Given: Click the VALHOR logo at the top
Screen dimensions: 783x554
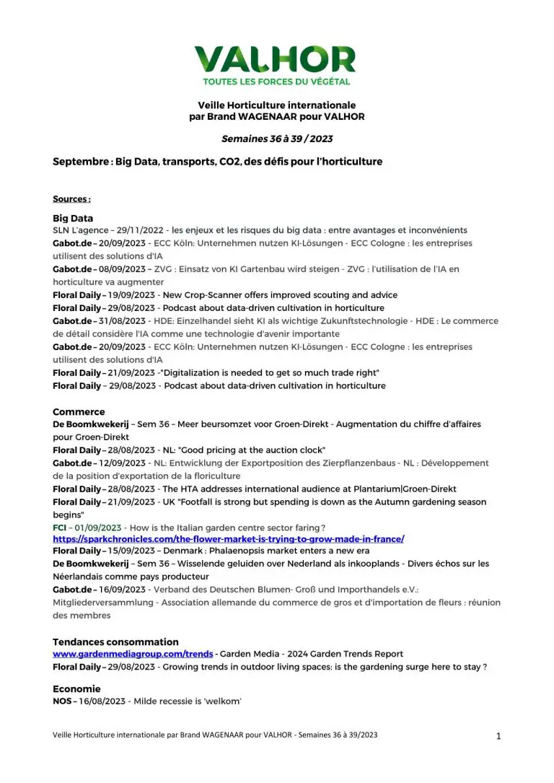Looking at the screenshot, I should pyautogui.click(x=275, y=59).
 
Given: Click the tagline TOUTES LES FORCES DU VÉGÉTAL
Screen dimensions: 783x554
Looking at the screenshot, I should pyautogui.click(x=276, y=82).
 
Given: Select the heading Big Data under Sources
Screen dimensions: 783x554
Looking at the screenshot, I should pyautogui.click(x=73, y=217).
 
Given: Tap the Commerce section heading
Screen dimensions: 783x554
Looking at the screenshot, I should pyautogui.click(x=79, y=411).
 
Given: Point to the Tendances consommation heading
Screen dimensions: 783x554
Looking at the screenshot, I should pyautogui.click(x=115, y=642).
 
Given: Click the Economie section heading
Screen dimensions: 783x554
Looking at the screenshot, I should pyautogui.click(x=76, y=688).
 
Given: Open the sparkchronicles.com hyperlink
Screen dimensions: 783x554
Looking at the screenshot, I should pyautogui.click(x=228, y=539).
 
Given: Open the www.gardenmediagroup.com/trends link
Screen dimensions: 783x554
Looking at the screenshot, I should pyautogui.click(x=133, y=654).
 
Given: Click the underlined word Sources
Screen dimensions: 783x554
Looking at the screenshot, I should pyautogui.click(x=71, y=199).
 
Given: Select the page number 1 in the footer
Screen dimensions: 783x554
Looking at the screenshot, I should pyautogui.click(x=498, y=736).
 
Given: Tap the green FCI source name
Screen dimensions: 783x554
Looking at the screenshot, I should pyautogui.click(x=60, y=528).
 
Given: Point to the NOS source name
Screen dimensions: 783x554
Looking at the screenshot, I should pyautogui.click(x=62, y=701).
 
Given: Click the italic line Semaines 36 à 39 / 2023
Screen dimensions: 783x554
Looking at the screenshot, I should pyautogui.click(x=276, y=139).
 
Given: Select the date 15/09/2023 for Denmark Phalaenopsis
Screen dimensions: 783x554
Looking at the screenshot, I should pyautogui.click(x=131, y=551).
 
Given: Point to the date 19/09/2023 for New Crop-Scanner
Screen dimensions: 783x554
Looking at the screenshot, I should pyautogui.click(x=131, y=295).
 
